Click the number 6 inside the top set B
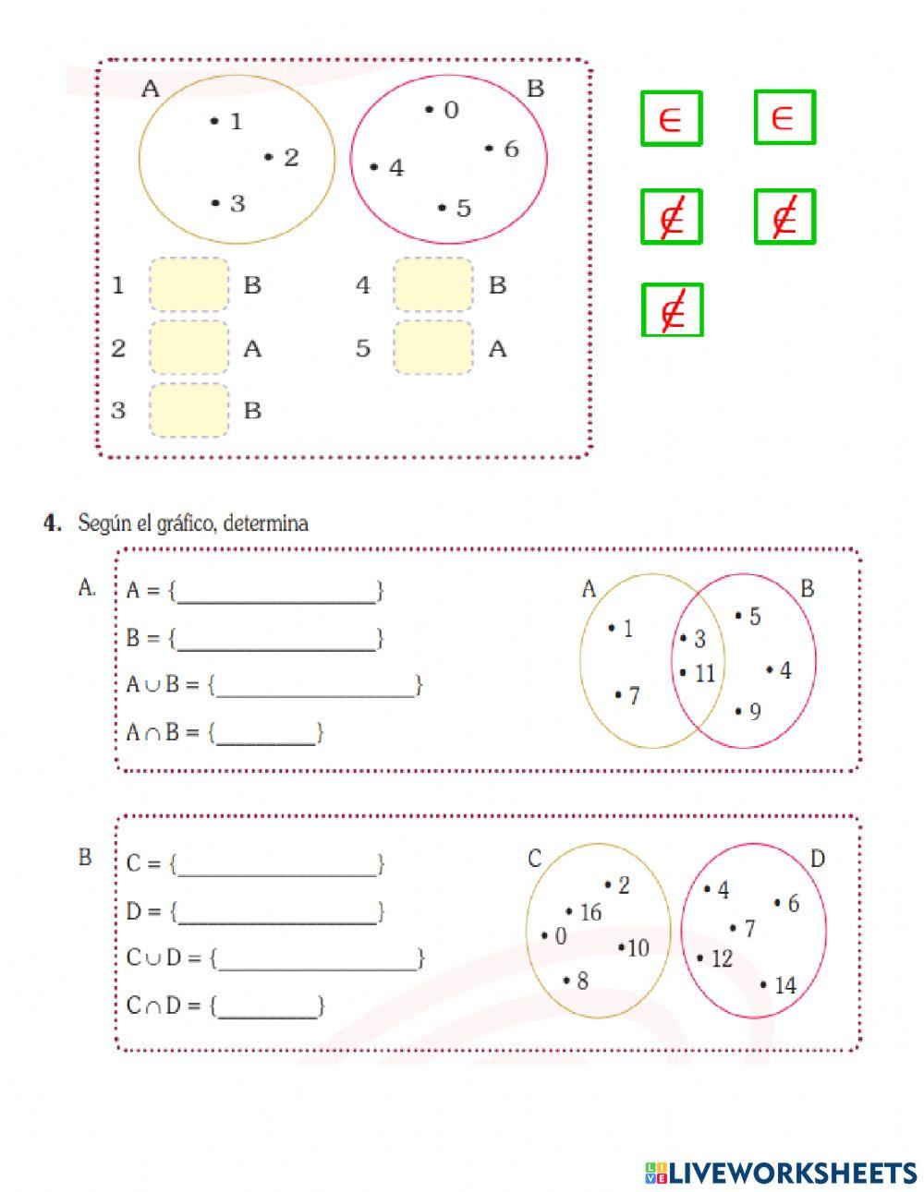click(x=511, y=149)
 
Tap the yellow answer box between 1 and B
click(x=188, y=284)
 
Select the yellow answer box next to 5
click(x=433, y=347)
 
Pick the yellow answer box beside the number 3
click(x=188, y=410)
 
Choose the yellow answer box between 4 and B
click(x=433, y=284)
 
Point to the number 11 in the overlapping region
click(x=704, y=673)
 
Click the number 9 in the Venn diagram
click(x=754, y=711)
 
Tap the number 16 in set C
click(x=590, y=912)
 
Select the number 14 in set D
click(x=784, y=985)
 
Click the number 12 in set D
click(x=721, y=958)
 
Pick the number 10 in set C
click(x=638, y=947)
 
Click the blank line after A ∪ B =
click(x=315, y=686)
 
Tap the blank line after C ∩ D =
click(x=267, y=1006)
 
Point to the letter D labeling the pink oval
click(x=817, y=859)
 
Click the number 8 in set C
click(x=581, y=980)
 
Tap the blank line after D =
click(x=276, y=912)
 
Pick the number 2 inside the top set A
click(x=291, y=157)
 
